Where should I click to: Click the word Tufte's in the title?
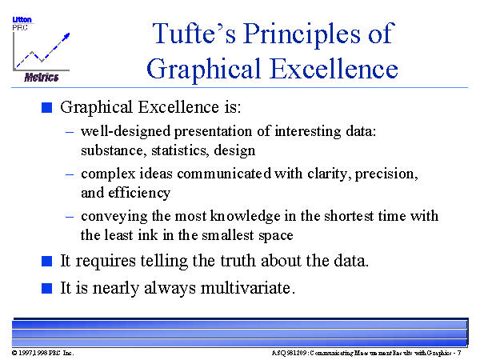pos(194,33)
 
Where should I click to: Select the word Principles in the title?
pos(302,35)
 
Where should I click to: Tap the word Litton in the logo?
pos(22,19)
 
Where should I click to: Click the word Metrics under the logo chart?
pos(42,77)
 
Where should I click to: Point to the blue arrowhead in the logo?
pos(66,36)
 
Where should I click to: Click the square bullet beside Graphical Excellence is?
pos(47,107)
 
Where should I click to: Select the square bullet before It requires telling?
pos(47,261)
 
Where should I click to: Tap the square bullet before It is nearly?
pos(47,288)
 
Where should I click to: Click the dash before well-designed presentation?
pos(70,132)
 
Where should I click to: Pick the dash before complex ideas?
pos(70,174)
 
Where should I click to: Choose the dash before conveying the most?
pos(70,217)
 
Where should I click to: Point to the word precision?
pos(386,174)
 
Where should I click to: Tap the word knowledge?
pos(246,217)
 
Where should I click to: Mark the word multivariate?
pos(248,288)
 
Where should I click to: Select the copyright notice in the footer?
pos(43,353)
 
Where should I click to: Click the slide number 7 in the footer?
pos(459,353)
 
